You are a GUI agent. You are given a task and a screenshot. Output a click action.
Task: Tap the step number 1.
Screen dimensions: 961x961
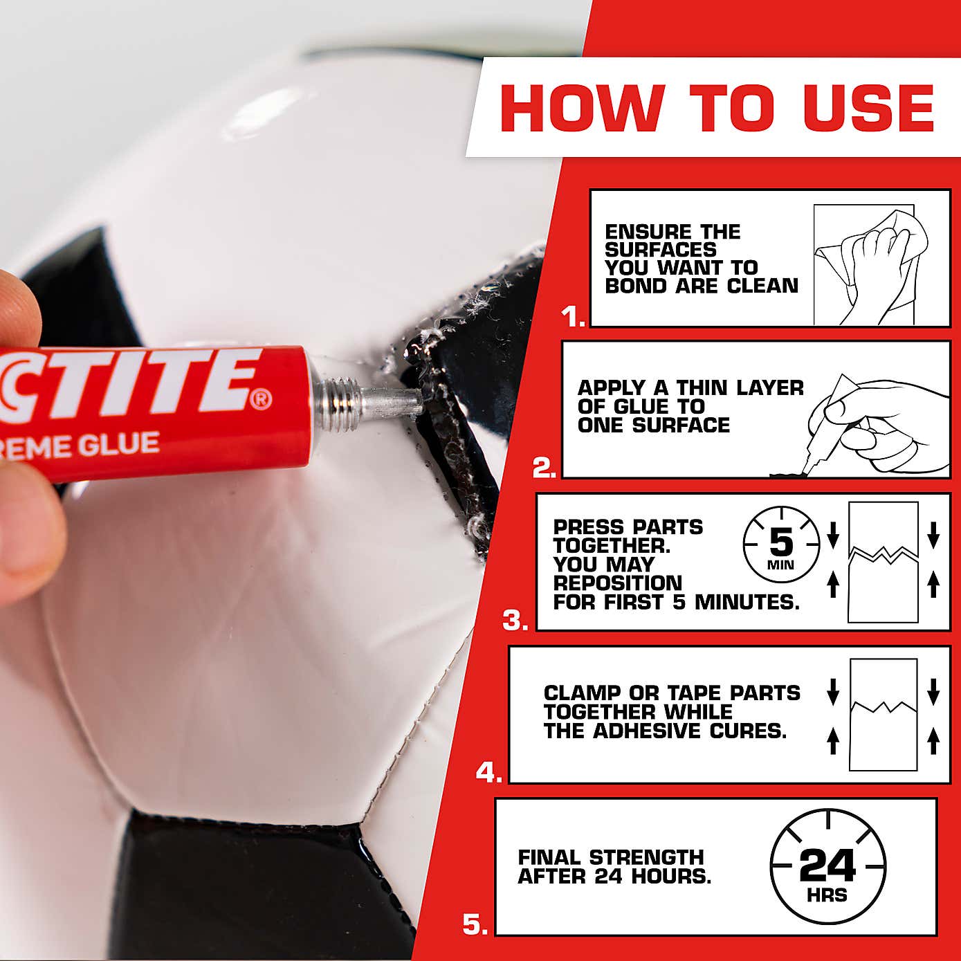point(572,316)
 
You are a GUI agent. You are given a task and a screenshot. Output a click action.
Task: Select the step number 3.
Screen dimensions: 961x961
point(515,621)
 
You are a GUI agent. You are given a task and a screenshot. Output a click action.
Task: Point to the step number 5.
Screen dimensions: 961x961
point(474,925)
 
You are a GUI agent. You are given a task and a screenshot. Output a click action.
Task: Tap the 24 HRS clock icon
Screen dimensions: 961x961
point(827,867)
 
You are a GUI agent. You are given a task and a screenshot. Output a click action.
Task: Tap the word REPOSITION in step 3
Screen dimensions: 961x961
point(617,583)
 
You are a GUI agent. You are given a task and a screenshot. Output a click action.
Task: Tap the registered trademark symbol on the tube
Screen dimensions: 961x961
point(261,400)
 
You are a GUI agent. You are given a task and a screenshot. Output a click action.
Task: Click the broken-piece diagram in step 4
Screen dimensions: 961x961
point(884,714)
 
